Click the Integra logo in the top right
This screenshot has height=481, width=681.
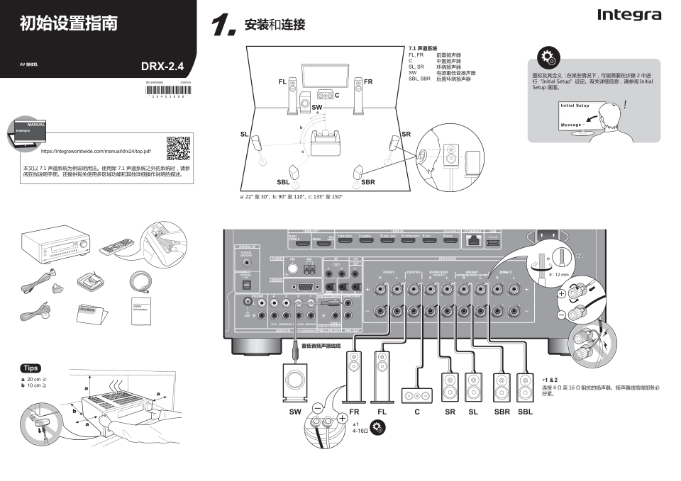coord(629,15)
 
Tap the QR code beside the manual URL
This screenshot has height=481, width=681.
coord(178,147)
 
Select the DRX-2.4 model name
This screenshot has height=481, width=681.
coord(162,67)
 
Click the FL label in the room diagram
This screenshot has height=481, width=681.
coord(283,82)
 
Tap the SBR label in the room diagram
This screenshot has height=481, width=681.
coord(367,182)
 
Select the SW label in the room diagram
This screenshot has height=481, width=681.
coord(317,107)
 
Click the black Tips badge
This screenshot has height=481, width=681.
coord(31,368)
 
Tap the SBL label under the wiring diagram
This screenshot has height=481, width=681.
coord(525,412)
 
